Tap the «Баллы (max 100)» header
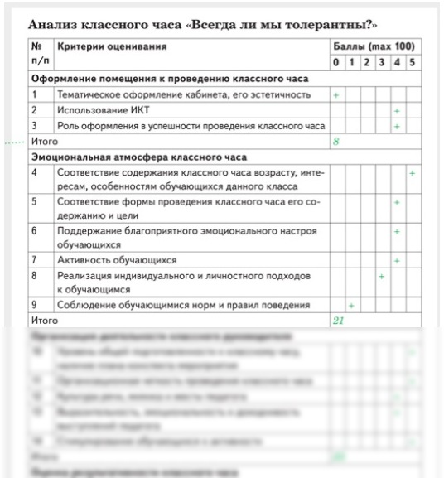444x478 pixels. pyautogui.click(x=373, y=47)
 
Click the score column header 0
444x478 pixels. pyautogui.click(x=335, y=63)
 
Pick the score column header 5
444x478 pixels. pyautogui.click(x=412, y=63)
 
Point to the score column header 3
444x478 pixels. pyautogui.click(x=381, y=63)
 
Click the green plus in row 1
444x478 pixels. pyautogui.click(x=335, y=95)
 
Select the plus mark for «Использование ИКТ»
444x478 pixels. pyautogui.click(x=397, y=111)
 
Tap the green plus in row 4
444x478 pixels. pyautogui.click(x=412, y=173)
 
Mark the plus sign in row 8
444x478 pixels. pyautogui.click(x=381, y=275)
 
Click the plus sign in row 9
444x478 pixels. pyautogui.click(x=351, y=306)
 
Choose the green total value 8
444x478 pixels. pyautogui.click(x=336, y=142)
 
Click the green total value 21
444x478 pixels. pyautogui.click(x=338, y=321)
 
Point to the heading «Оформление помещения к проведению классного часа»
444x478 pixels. pyautogui.click(x=170, y=79)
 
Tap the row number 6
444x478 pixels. pyautogui.click(x=36, y=231)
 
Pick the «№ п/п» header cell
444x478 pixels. pyautogui.click(x=37, y=55)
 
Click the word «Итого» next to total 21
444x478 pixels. pyautogui.click(x=45, y=321)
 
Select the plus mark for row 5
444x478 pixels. pyautogui.click(x=397, y=202)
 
